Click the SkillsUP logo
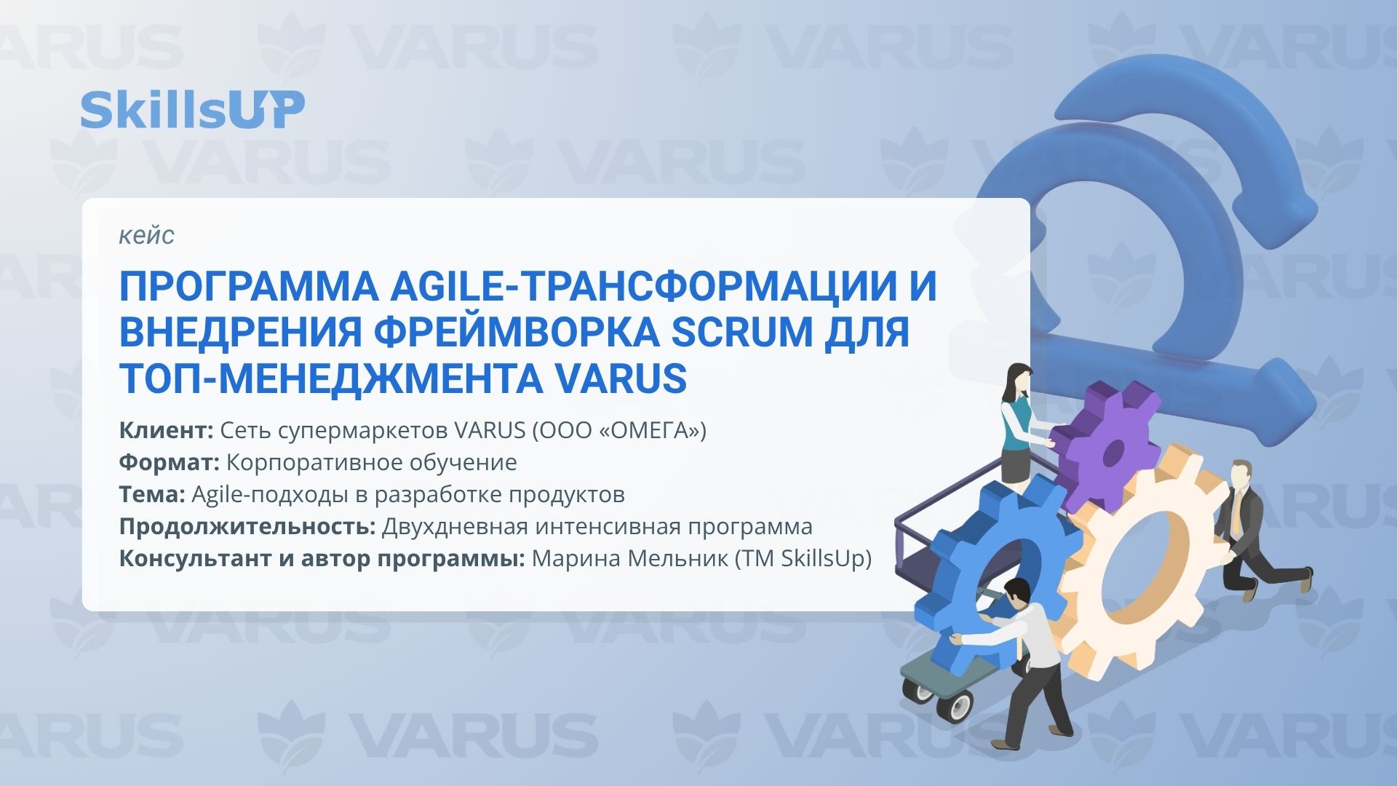[192, 111]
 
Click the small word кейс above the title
[146, 235]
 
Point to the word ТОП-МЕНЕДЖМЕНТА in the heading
[331, 378]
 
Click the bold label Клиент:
[166, 431]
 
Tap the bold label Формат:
[169, 463]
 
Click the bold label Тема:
[152, 495]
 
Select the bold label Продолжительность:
[247, 527]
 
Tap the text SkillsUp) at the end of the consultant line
[826, 559]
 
